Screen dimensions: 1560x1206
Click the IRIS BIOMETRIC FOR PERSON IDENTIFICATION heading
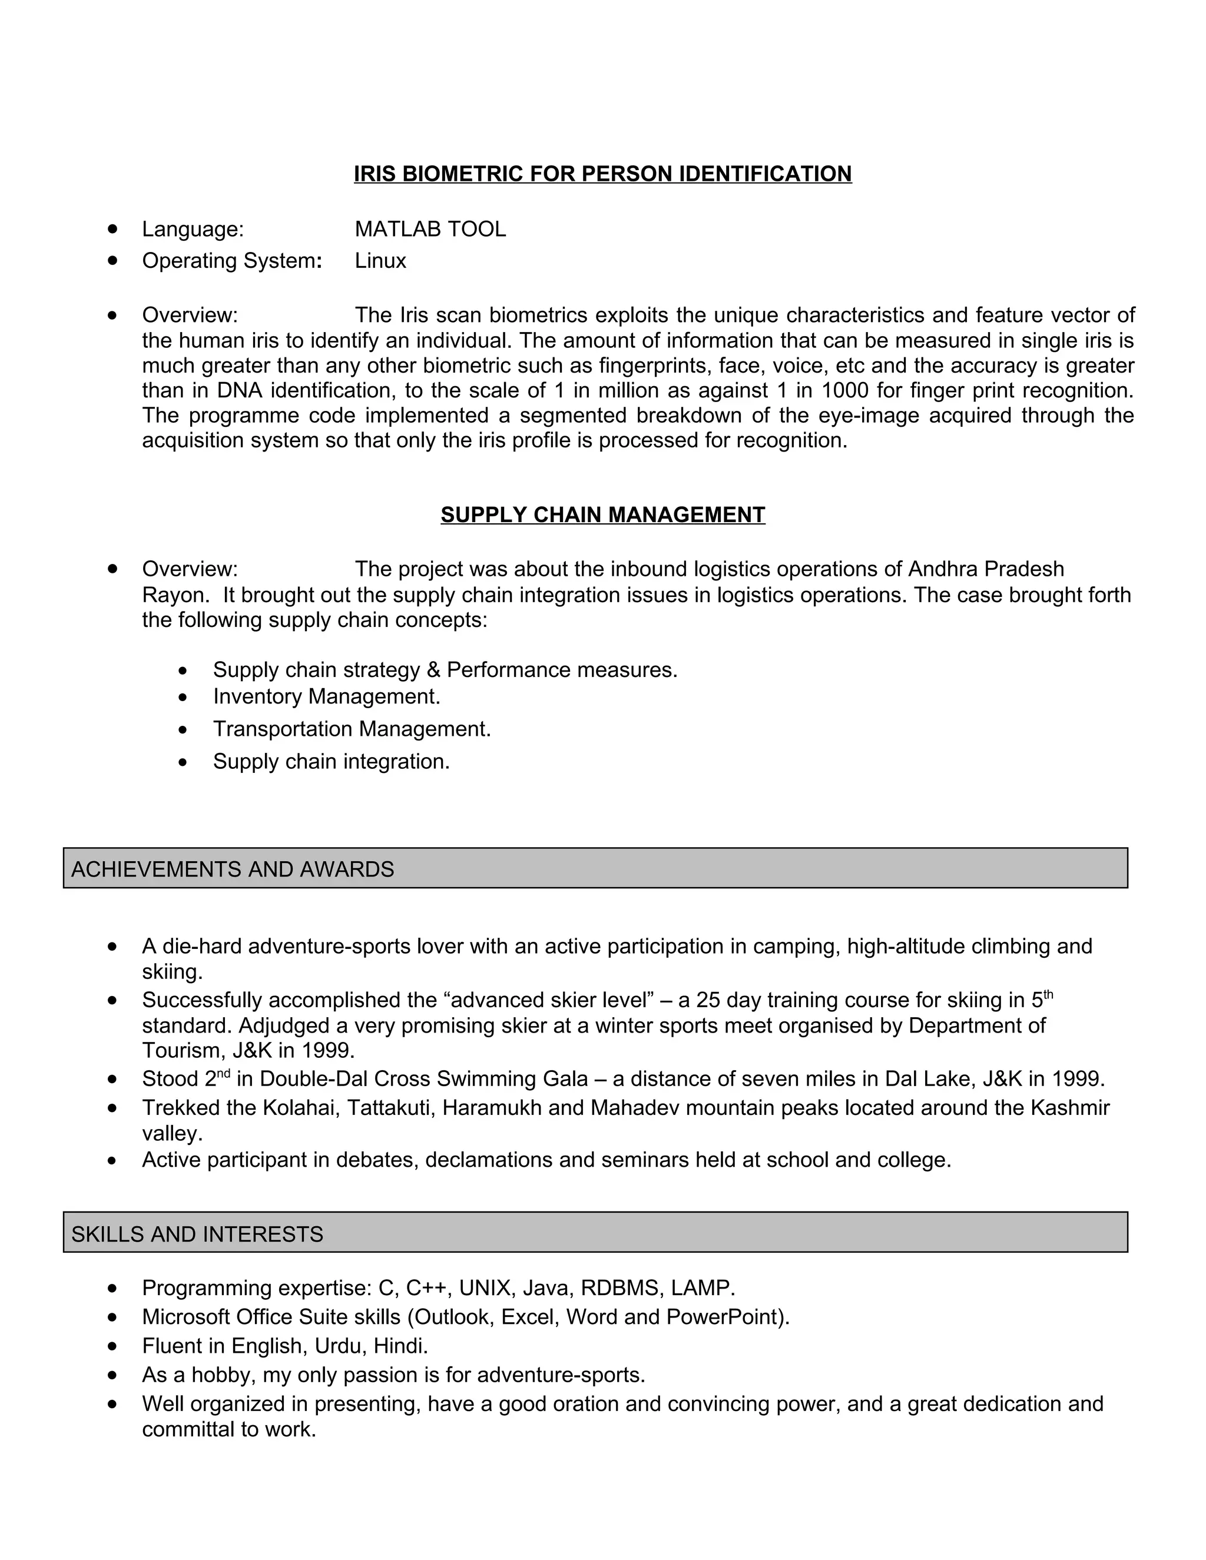pos(602,174)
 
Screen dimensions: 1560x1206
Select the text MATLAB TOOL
pos(430,229)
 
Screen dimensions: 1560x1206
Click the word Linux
pos(380,261)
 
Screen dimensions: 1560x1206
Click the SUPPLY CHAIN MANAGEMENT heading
pos(602,515)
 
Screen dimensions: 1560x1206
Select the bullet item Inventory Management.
pos(326,696)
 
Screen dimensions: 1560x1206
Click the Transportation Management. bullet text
pos(352,729)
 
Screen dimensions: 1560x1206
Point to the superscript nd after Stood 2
pos(224,1073)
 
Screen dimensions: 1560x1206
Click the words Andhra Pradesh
pos(985,569)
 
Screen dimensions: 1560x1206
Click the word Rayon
pos(174,595)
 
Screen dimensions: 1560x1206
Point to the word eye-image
pos(869,416)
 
